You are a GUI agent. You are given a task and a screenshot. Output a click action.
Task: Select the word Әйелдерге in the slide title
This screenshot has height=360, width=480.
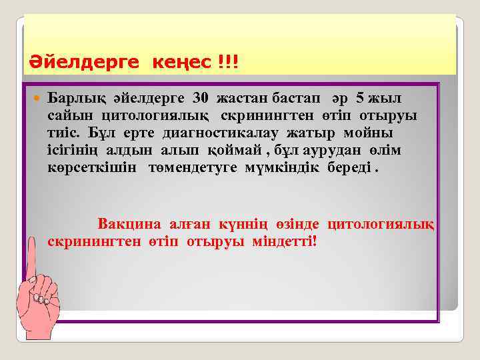[84, 63]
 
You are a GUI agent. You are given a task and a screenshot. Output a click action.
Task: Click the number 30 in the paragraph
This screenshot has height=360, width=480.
[200, 99]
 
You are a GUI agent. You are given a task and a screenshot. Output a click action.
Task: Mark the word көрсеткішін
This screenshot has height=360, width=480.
[93, 167]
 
